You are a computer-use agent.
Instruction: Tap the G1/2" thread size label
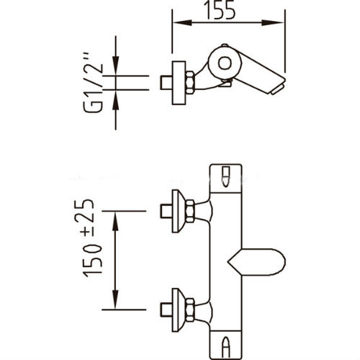[94, 82]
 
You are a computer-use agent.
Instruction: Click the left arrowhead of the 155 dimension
[182, 22]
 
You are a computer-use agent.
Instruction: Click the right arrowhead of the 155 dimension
[274, 22]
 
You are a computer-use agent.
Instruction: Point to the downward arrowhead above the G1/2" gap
[116, 66]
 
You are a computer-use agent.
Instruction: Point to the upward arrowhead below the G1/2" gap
[116, 99]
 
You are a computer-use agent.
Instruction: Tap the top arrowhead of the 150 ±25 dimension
[116, 222]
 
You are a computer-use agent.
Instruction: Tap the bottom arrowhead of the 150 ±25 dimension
[116, 299]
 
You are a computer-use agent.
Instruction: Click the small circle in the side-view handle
[225, 63]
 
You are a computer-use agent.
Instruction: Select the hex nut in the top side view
[190, 82]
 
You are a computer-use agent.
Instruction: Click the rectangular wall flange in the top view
[179, 83]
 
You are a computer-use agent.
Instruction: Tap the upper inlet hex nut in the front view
[190, 211]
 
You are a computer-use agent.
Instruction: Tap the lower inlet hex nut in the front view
[190, 310]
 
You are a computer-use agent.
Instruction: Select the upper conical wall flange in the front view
[179, 211]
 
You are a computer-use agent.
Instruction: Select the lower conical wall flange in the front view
[179, 310]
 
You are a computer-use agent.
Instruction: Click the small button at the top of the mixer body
[225, 176]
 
